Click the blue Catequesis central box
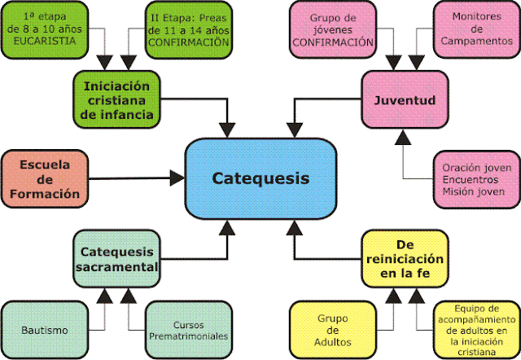(260, 179)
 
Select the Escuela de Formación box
(45, 179)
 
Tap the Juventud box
(405, 99)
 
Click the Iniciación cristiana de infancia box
(116, 99)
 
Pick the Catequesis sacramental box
(116, 259)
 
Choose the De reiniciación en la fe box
(405, 259)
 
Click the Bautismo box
(45, 330)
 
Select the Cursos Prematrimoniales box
(188, 330)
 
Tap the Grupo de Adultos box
(333, 330)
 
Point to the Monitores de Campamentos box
(477, 29)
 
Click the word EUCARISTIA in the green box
(45, 42)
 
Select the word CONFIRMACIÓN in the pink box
(333, 42)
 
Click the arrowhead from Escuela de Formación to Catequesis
(177, 178)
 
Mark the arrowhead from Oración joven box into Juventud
(403, 137)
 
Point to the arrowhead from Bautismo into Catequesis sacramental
(105, 296)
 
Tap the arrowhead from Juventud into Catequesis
(295, 130)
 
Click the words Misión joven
(474, 191)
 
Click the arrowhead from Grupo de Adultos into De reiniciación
(393, 296)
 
